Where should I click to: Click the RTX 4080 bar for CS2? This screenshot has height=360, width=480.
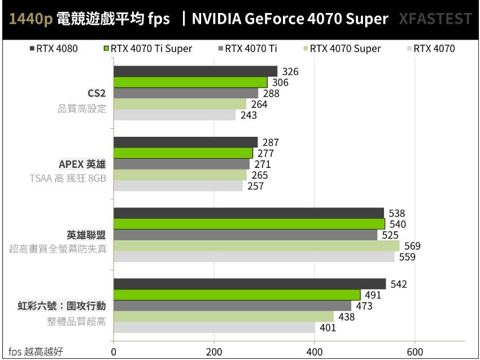coord(195,71)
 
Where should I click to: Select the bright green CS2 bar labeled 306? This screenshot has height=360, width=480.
coord(190,82)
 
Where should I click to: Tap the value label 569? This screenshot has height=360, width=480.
coord(412,246)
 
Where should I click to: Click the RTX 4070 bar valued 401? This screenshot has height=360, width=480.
coord(214,327)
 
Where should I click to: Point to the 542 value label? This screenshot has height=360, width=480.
coord(398,284)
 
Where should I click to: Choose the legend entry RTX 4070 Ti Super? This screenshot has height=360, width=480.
coord(147,49)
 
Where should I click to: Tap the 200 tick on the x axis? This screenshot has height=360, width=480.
coord(214,351)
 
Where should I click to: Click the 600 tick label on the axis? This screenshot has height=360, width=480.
coord(415,351)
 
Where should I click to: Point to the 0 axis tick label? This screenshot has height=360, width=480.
coord(114,351)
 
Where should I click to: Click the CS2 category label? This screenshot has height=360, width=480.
coord(96,93)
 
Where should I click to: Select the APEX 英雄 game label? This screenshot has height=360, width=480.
coord(82,164)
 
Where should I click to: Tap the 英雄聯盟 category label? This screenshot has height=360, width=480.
coord(86,235)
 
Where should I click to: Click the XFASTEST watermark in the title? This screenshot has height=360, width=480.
coord(435,19)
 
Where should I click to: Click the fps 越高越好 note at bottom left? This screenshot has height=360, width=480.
coord(36,352)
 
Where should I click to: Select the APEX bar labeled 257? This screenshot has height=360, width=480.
coord(178,185)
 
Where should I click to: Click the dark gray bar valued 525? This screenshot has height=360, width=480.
coord(246,235)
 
